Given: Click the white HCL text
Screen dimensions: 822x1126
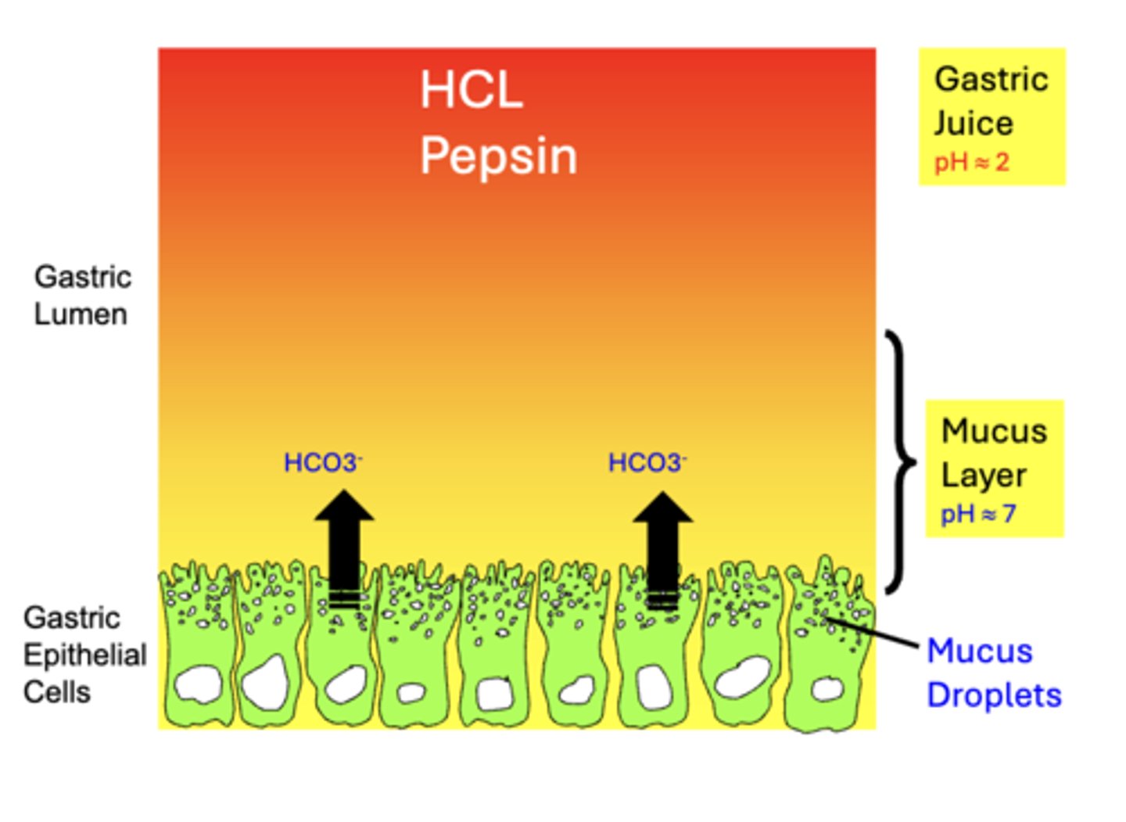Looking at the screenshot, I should (471, 90).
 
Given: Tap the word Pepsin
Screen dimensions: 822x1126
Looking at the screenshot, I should (498, 156).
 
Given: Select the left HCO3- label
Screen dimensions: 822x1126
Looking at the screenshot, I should (322, 463).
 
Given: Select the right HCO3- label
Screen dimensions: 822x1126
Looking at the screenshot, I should (647, 463).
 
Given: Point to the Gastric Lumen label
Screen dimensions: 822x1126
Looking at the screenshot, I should (82, 295).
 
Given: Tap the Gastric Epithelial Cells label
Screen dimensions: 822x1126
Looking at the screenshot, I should (84, 655).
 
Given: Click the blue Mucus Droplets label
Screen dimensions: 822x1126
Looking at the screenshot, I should (993, 673).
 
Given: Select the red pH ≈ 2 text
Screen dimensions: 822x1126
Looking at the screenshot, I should (971, 163).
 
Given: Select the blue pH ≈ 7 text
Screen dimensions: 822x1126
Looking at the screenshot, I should (977, 514).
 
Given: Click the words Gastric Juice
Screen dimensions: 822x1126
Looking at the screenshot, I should (991, 101).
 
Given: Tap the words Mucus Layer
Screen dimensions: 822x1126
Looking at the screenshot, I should (993, 453).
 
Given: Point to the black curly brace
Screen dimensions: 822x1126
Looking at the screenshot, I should (901, 461).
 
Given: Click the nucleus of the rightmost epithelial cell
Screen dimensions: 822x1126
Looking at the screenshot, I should (827, 689).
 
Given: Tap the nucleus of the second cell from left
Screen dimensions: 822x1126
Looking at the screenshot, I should (266, 683).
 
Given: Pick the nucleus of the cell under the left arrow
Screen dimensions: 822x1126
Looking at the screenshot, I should (345, 685).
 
